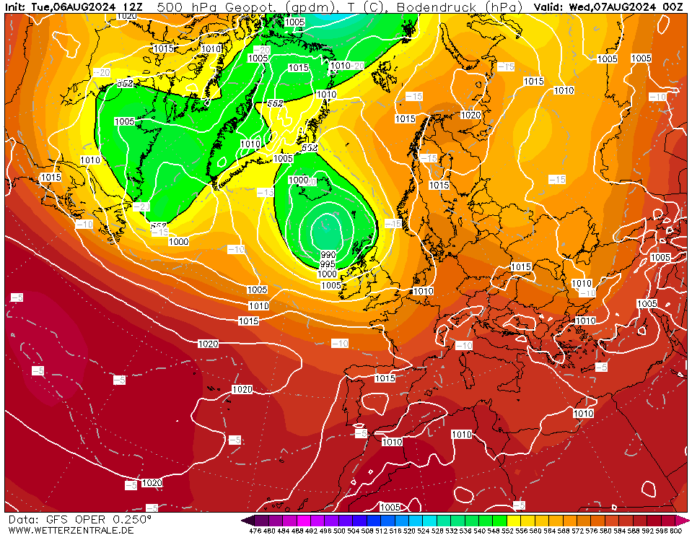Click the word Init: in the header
tap(17, 6)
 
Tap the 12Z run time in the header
tap(133, 6)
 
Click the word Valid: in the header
tap(548, 6)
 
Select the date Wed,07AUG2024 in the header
tap(613, 6)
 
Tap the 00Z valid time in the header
tap(673, 6)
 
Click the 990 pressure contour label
tap(328, 255)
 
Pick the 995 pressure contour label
tap(328, 264)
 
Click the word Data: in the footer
tap(22, 519)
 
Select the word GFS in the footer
tap(55, 519)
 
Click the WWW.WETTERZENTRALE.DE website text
tap(71, 530)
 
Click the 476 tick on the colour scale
tap(254, 531)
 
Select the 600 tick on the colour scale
tap(675, 531)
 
